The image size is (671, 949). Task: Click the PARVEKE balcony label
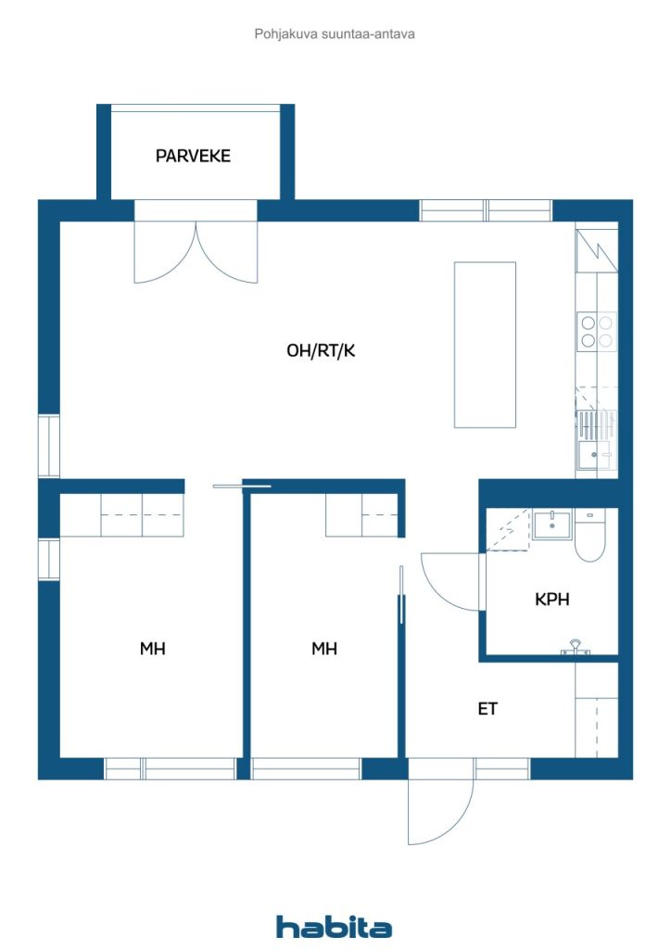pyautogui.click(x=193, y=156)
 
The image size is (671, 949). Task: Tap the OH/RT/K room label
pyautogui.click(x=321, y=350)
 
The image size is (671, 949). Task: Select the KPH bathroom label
pyautogui.click(x=551, y=600)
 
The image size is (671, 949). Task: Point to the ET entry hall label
pyautogui.click(x=487, y=709)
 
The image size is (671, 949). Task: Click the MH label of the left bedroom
pyautogui.click(x=153, y=649)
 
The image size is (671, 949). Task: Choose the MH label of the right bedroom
pyautogui.click(x=324, y=649)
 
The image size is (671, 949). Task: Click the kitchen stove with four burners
pyautogui.click(x=597, y=332)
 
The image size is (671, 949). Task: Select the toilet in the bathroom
pyautogui.click(x=589, y=535)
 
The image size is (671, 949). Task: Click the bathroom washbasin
pyautogui.click(x=551, y=525)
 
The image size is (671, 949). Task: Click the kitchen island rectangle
pyautogui.click(x=486, y=345)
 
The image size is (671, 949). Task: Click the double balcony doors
pyautogui.click(x=196, y=252)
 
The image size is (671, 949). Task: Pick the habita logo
pyautogui.click(x=334, y=926)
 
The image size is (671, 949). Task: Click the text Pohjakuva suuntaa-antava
pyautogui.click(x=335, y=34)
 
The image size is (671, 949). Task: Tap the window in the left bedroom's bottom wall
pyautogui.click(x=170, y=768)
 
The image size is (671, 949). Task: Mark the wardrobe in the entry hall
pyautogui.click(x=597, y=709)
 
